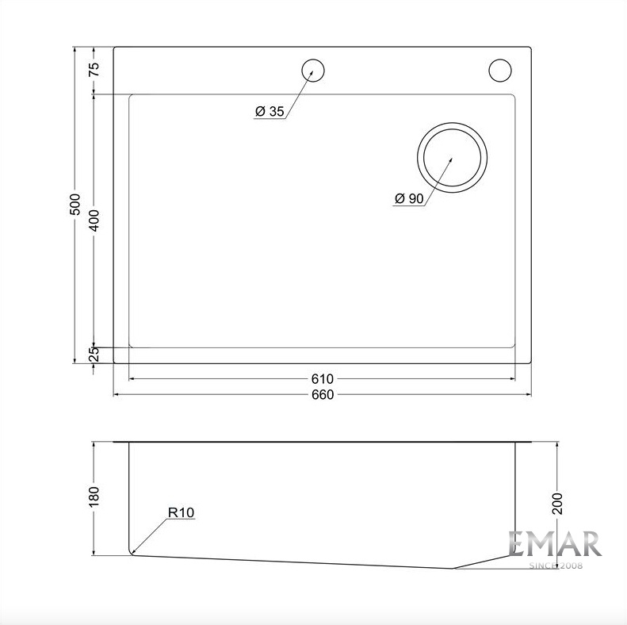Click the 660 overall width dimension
point(323,395)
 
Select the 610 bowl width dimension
point(323,378)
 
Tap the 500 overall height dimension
point(75,205)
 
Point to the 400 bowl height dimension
point(94,220)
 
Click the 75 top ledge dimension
point(94,70)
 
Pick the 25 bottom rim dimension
point(94,354)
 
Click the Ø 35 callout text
point(270,111)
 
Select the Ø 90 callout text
point(409,198)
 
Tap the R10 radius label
point(181,512)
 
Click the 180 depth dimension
point(94,497)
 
